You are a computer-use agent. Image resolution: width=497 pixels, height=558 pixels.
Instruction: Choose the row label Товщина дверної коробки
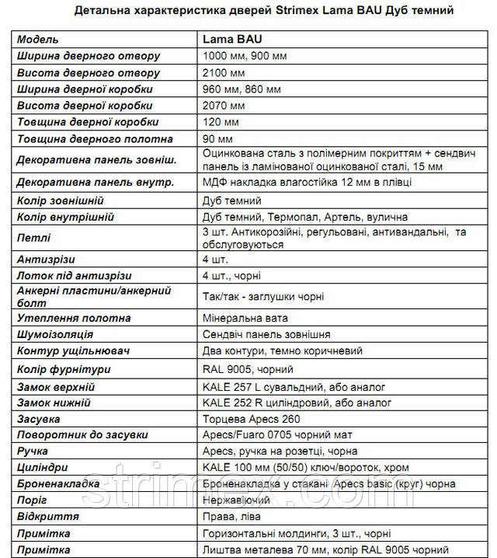click(87, 122)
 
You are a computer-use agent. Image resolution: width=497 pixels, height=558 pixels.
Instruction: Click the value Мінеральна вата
click(245, 318)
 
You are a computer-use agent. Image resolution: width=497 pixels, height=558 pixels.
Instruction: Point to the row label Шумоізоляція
click(55, 334)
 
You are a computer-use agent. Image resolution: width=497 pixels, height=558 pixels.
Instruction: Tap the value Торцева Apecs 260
click(250, 420)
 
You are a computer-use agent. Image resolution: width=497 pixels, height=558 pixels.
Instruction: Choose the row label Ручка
click(32, 451)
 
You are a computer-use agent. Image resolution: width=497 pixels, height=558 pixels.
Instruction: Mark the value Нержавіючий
click(236, 500)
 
